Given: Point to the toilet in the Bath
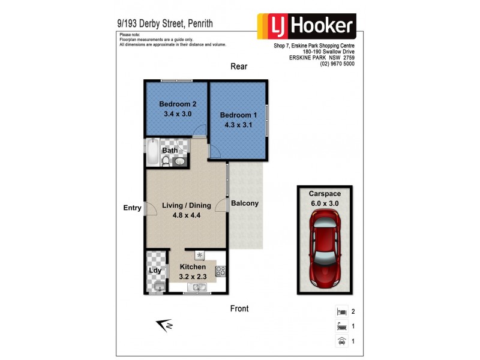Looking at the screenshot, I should pyautogui.click(x=166, y=160).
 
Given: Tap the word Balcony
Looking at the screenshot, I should pyautogui.click(x=245, y=203).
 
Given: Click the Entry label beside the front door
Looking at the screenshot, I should pyautogui.click(x=132, y=208).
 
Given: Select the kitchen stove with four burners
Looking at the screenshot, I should pyautogui.click(x=220, y=271).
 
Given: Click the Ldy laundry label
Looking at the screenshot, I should pyautogui.click(x=154, y=271).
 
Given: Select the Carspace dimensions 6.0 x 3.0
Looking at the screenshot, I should pyautogui.click(x=324, y=203).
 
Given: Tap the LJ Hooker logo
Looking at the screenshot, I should pyautogui.click(x=307, y=26).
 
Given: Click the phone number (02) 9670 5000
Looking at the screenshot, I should pyautogui.click(x=337, y=64).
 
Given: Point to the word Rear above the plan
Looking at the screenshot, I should pyautogui.click(x=239, y=67).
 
